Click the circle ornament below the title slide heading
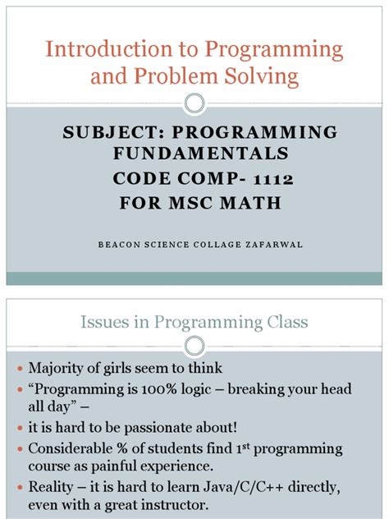[194, 103]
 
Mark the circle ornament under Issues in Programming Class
[194, 345]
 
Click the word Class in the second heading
[285, 322]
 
